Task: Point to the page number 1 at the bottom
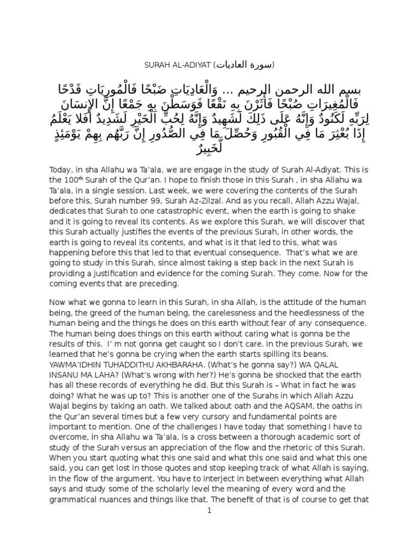pyautogui.click(x=209, y=510)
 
